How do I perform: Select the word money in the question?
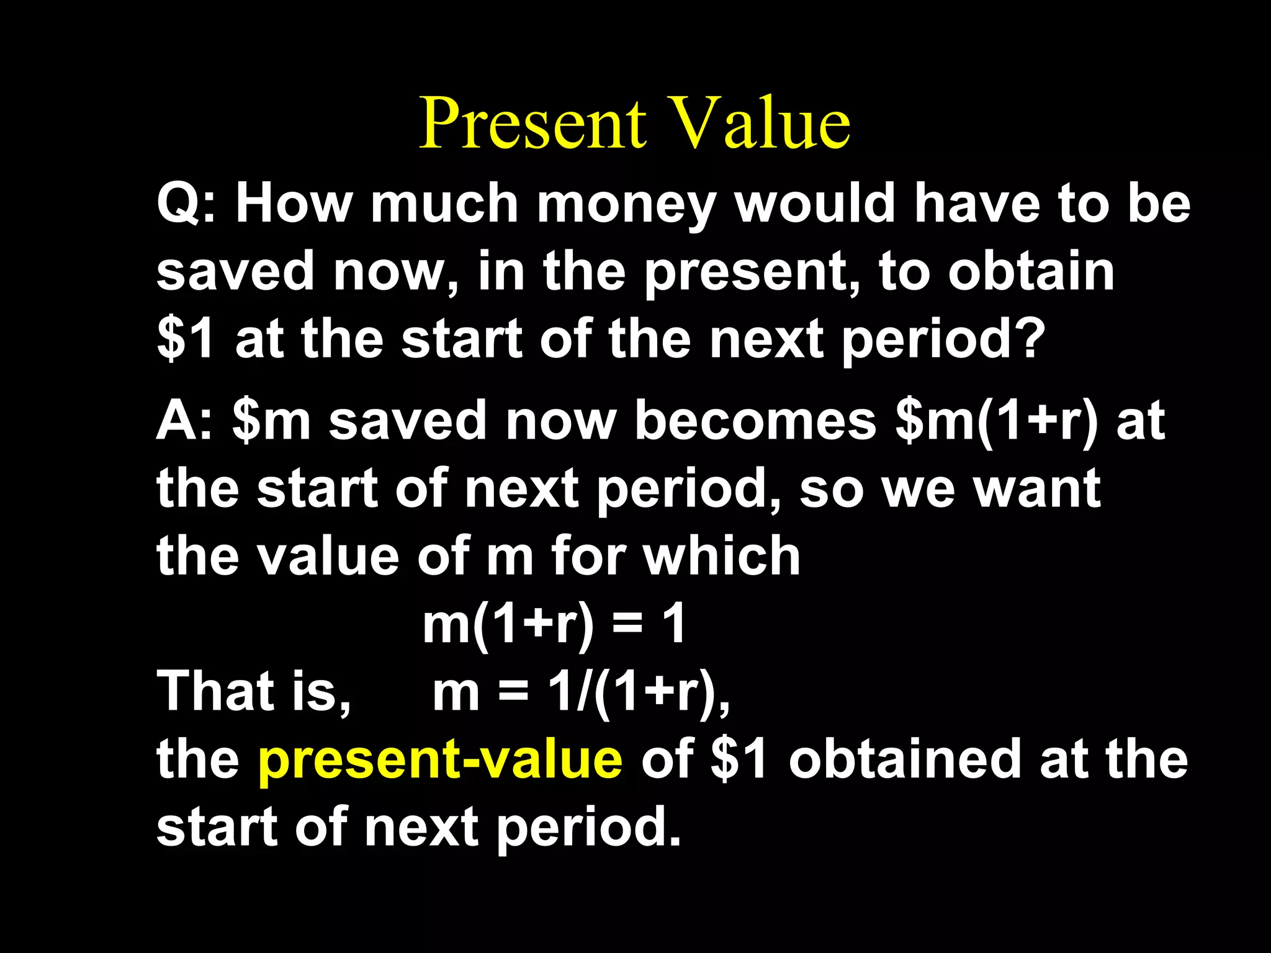click(627, 205)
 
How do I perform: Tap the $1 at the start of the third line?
click(185, 340)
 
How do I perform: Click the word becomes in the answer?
click(755, 421)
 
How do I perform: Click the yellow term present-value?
click(439, 759)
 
